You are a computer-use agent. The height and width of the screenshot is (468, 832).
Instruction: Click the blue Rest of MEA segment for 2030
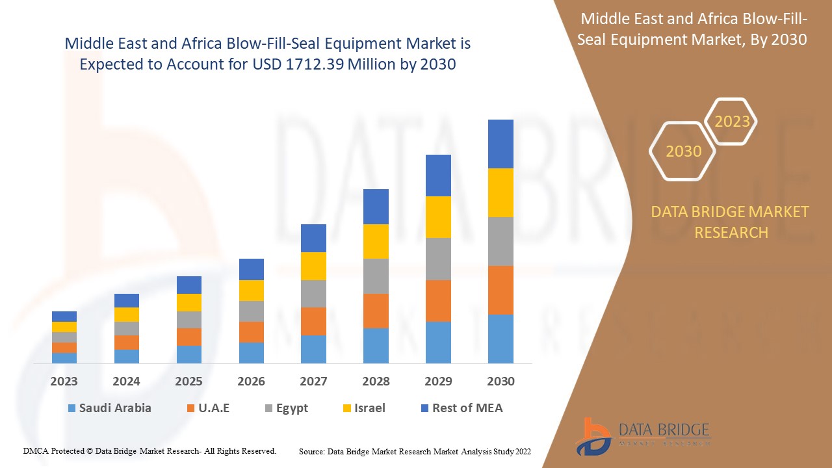click(500, 144)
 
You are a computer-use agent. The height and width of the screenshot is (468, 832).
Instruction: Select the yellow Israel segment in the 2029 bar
click(438, 216)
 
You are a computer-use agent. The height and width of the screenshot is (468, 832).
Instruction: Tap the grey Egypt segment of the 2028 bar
click(376, 276)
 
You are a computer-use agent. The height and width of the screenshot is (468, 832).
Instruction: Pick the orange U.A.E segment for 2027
click(313, 321)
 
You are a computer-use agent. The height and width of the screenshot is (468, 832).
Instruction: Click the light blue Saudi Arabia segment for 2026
click(252, 352)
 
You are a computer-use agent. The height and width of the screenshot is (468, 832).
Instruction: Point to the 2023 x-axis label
click(64, 382)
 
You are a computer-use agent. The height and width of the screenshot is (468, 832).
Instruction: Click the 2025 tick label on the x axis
click(188, 382)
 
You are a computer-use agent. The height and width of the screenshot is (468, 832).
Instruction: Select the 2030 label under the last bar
click(500, 382)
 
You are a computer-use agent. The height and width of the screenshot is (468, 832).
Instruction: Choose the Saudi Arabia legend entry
click(109, 408)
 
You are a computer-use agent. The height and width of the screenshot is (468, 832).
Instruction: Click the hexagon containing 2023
click(732, 122)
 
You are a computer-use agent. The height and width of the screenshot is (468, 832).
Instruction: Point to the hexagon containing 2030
click(683, 151)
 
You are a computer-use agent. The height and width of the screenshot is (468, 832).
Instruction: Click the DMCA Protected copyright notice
click(149, 450)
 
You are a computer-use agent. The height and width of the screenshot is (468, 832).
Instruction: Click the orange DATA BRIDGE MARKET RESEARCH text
click(730, 222)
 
